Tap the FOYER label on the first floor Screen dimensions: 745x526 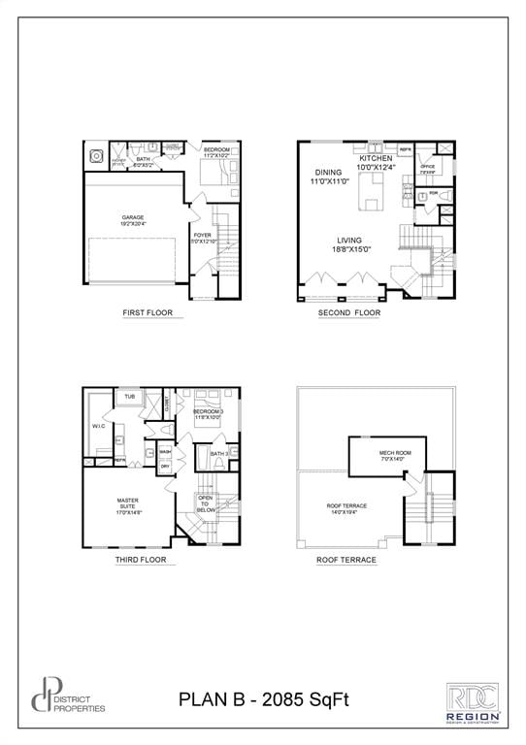202,236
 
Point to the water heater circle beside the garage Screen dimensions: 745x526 96,155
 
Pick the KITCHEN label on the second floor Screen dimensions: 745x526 376,158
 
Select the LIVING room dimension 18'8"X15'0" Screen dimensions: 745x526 349,249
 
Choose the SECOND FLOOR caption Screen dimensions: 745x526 349,312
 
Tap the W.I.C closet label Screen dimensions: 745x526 98,426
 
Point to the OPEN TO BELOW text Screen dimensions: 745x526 205,503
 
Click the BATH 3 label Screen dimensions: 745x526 219,453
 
